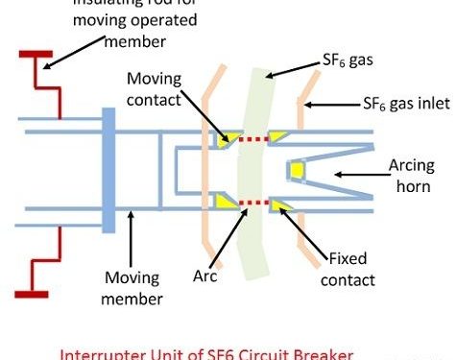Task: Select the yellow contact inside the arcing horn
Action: pyautogui.click(x=298, y=171)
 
